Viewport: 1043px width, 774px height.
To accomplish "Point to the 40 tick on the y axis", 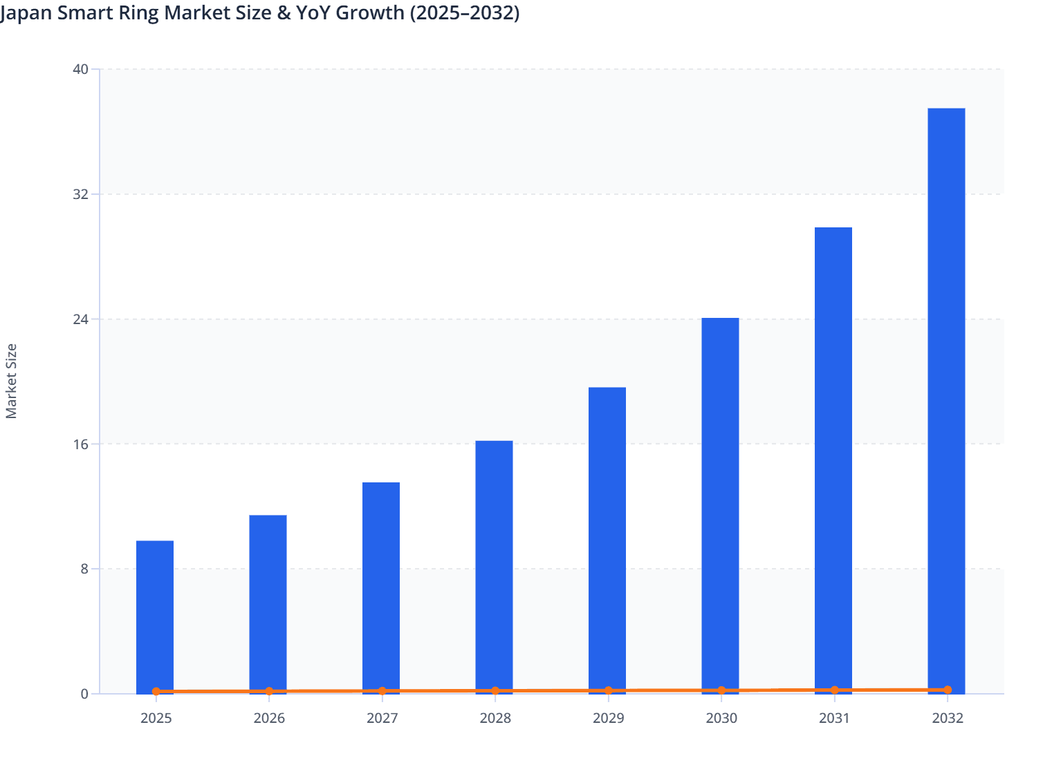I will tap(81, 69).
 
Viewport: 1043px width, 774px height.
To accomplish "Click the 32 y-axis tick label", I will tap(81, 194).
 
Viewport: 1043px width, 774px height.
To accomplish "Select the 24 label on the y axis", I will tap(81, 319).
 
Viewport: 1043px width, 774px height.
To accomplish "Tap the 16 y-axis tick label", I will tap(81, 444).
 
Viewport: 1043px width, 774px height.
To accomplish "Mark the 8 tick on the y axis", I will tap(84, 569).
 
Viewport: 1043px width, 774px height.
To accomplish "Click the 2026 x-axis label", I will tap(269, 718).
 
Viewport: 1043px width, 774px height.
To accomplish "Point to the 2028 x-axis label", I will tap(495, 718).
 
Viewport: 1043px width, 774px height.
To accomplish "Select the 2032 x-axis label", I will tap(948, 718).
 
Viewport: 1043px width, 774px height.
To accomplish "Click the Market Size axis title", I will tap(11, 381).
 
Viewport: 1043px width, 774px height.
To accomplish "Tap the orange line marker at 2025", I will tap(156, 691).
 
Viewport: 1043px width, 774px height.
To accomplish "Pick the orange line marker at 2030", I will tap(721, 690).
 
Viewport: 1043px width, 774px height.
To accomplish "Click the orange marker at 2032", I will tap(948, 690).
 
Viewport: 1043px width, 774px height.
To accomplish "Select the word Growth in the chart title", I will tap(370, 13).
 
